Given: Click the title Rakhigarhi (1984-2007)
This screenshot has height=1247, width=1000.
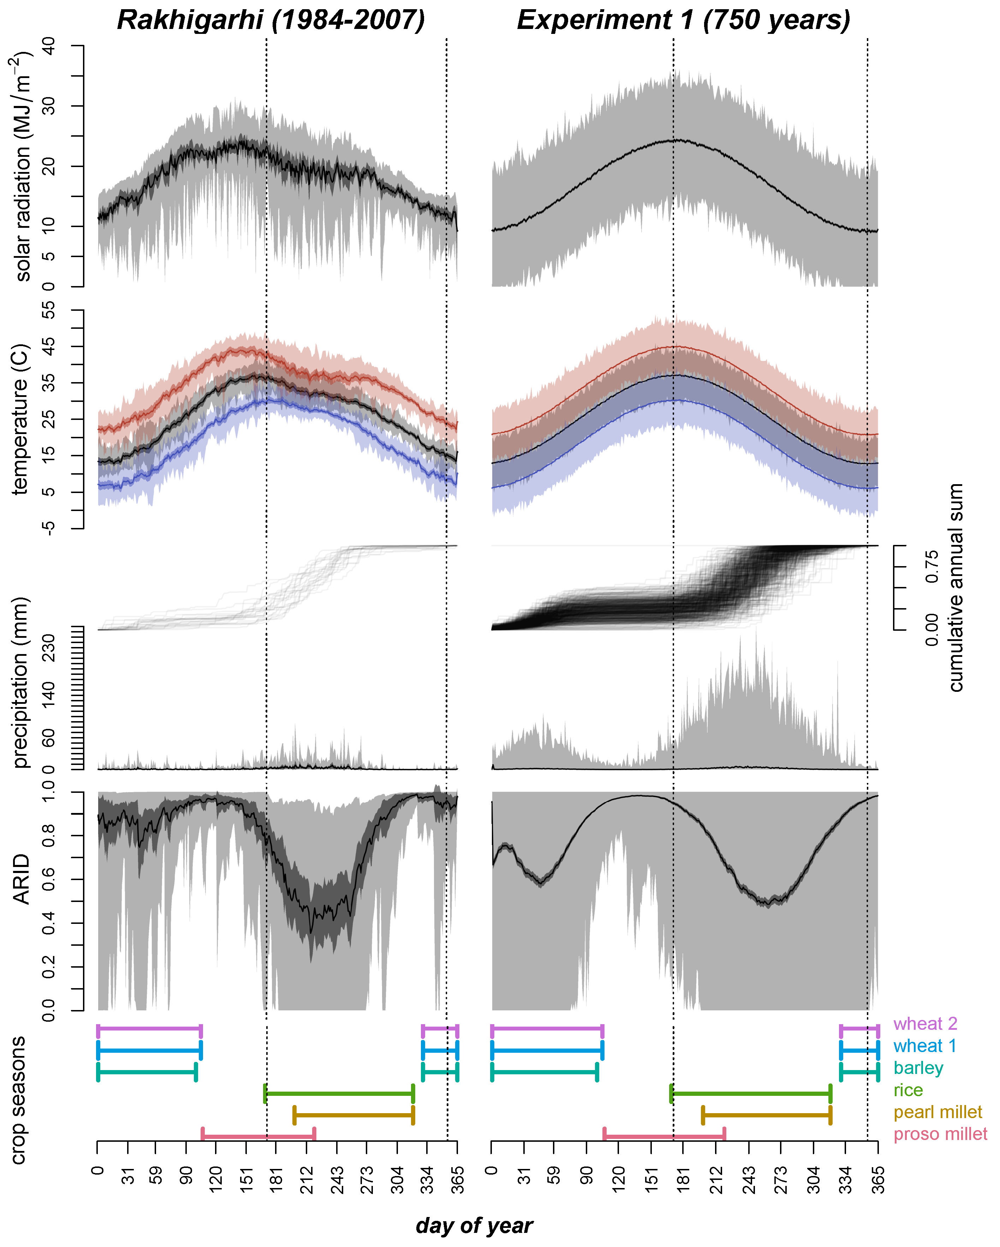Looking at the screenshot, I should [x=271, y=20].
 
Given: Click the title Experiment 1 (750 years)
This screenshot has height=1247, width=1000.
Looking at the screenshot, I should [x=684, y=20].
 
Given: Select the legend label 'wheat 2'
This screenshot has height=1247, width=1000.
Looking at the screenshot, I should [x=925, y=1024].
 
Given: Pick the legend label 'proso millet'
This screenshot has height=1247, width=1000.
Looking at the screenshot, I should [x=940, y=1134].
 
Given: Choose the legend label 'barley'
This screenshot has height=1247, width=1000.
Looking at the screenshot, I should [x=918, y=1068].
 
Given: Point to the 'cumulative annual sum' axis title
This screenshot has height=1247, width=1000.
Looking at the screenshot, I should [x=956, y=587].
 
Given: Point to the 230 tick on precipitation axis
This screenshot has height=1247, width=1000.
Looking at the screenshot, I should [x=49, y=647].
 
